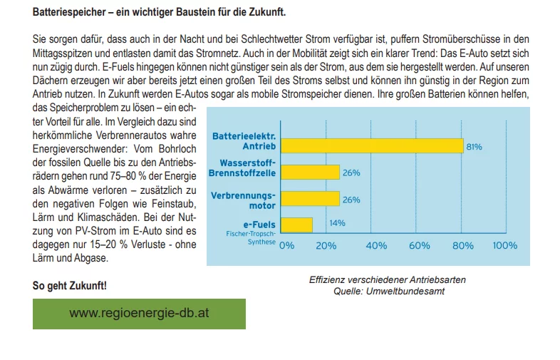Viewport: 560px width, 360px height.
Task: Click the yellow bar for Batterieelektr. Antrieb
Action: click(371, 145)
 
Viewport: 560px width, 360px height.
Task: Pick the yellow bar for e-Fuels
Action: click(296, 225)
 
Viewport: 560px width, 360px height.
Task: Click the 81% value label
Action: click(475, 146)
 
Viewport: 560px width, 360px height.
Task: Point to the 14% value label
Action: click(338, 223)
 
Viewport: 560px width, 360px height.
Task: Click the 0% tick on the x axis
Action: click(286, 246)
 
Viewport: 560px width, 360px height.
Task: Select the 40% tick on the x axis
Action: click(375, 246)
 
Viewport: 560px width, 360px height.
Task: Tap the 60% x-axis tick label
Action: click(420, 246)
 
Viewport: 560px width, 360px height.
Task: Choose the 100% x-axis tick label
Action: click(505, 246)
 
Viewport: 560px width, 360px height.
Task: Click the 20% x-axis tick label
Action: click(326, 246)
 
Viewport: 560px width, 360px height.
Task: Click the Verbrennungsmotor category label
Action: click(242, 200)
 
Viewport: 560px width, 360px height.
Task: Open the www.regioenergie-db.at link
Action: click(139, 314)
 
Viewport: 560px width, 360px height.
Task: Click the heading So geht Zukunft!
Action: click(70, 286)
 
